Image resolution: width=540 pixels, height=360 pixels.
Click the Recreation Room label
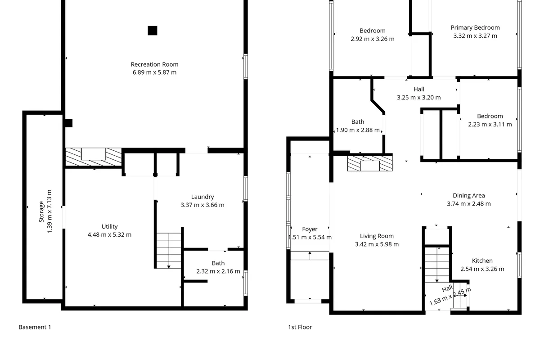(154, 64)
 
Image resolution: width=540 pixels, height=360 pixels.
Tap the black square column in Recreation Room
(153, 31)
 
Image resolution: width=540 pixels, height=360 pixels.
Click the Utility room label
(109, 227)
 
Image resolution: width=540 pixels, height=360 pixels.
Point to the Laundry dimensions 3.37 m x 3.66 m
(202, 205)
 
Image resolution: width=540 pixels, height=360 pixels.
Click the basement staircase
(169, 250)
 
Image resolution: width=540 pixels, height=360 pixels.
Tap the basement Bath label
(218, 263)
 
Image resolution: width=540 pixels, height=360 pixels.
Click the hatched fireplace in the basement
(93, 156)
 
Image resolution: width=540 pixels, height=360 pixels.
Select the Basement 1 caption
(35, 327)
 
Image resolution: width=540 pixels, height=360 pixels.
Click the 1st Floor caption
(300, 327)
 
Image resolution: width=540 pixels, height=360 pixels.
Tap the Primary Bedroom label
(475, 28)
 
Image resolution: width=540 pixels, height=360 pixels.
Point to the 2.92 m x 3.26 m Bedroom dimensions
(372, 39)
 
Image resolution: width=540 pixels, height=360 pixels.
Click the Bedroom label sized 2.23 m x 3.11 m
(490, 116)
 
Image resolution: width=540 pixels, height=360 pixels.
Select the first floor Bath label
(358, 122)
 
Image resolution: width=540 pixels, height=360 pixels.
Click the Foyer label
(310, 229)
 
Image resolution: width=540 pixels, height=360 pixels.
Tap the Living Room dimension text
(377, 244)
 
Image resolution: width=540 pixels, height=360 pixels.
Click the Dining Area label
(468, 196)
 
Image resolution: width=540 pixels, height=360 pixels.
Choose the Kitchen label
(482, 261)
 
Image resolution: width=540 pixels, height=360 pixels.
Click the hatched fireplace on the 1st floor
(369, 162)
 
